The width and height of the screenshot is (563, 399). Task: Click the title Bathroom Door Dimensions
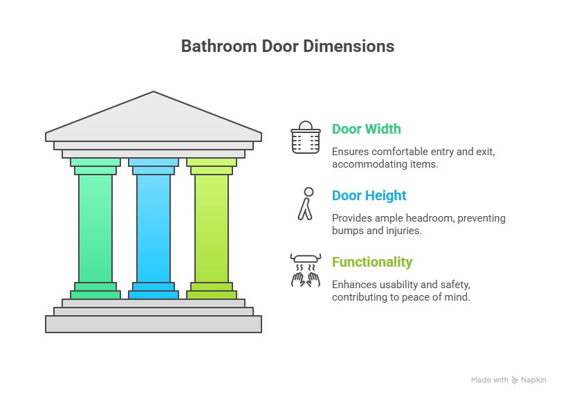(287, 46)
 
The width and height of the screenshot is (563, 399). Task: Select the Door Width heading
(366, 129)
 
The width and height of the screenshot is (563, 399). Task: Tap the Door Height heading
(369, 195)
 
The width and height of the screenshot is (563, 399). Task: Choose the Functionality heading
(372, 262)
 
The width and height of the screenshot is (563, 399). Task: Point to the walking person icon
(305, 203)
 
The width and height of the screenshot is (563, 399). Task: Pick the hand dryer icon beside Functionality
(304, 269)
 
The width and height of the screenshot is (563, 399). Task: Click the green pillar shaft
(95, 228)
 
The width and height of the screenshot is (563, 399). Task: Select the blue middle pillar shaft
(154, 228)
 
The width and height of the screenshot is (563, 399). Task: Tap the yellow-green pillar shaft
(211, 228)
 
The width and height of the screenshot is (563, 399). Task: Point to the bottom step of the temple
(154, 323)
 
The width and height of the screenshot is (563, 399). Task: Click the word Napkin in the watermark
(533, 380)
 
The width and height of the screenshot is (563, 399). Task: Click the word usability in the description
(400, 285)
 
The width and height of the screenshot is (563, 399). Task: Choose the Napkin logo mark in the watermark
(515, 380)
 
